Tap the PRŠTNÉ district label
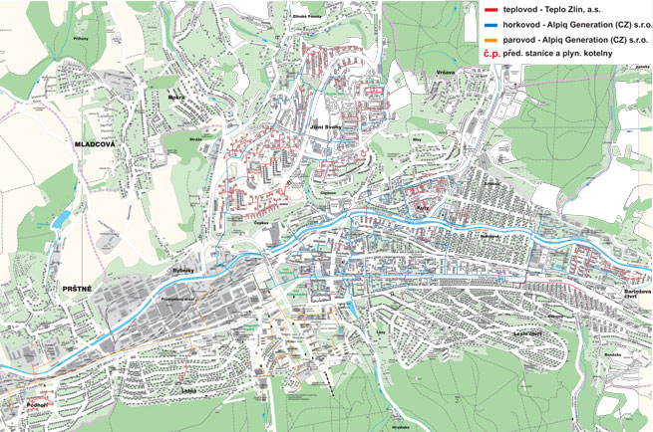point(77,289)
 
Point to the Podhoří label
point(38,405)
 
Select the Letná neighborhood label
point(188,391)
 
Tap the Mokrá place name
point(176,100)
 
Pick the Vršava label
point(445,72)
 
